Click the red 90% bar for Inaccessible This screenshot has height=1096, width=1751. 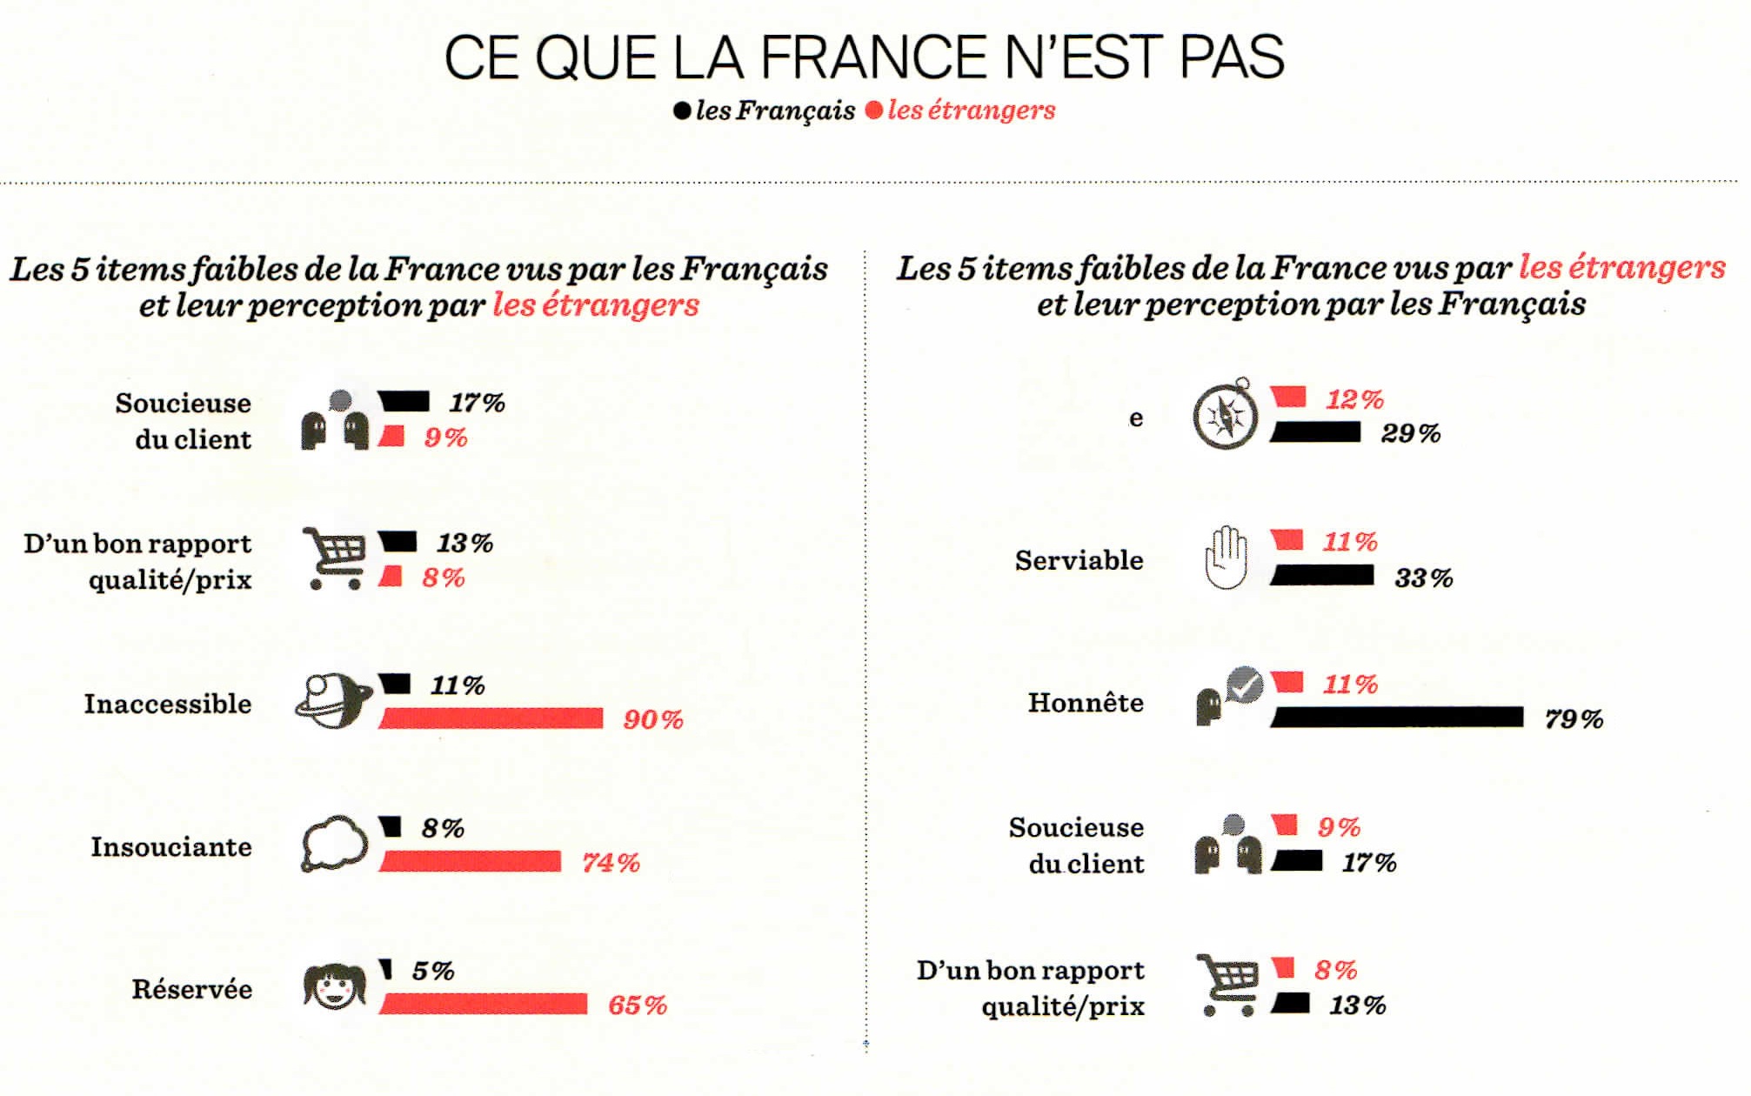491,718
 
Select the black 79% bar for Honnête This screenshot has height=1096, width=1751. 1397,717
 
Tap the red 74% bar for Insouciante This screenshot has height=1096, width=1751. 470,861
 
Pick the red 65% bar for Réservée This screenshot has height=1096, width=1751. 483,1004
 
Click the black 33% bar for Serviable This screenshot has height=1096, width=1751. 1322,575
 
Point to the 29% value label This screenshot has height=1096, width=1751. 1410,433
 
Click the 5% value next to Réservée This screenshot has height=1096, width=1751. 432,971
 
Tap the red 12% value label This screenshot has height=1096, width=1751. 1353,399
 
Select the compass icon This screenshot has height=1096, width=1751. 1225,416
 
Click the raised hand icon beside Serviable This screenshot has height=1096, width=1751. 1226,558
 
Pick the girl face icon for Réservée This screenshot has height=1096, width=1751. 335,986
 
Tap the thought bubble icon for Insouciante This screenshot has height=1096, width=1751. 334,844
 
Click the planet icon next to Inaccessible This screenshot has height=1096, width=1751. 333,700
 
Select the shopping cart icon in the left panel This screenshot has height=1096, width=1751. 334,558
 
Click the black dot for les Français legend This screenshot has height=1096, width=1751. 683,110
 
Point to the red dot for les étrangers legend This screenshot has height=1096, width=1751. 874,110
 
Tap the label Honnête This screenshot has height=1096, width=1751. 1085,702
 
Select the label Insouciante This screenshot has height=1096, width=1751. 170,846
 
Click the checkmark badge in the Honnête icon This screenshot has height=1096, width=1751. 1246,685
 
